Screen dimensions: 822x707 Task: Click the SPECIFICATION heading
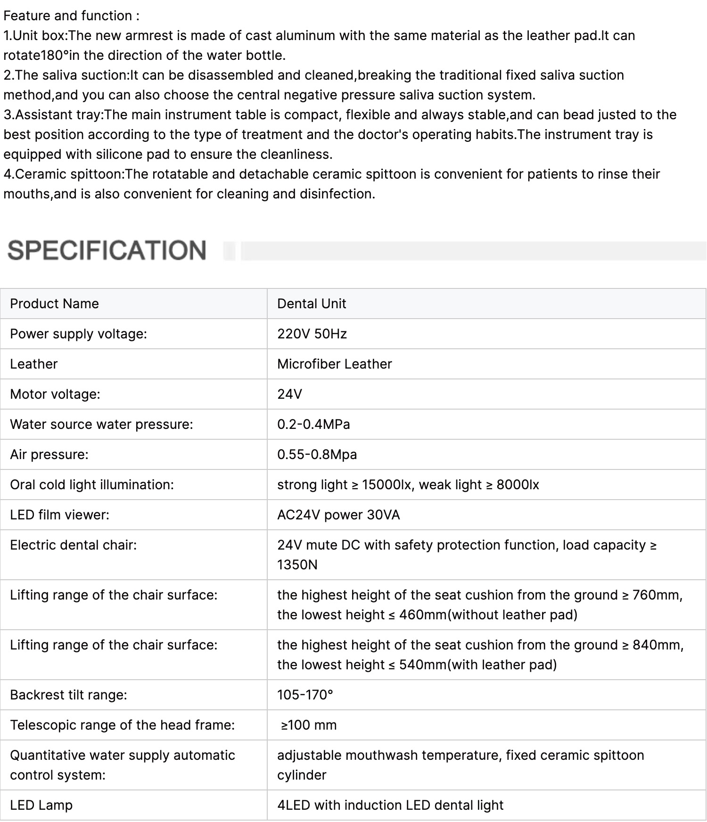pos(107,250)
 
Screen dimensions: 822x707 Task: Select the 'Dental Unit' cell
pos(312,304)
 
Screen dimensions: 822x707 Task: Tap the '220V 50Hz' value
pos(312,334)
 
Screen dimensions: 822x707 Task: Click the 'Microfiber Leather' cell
pos(334,364)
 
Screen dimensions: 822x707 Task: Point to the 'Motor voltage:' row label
pos(55,394)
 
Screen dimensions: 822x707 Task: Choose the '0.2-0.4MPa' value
pos(313,424)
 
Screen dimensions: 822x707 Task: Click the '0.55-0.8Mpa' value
pos(317,454)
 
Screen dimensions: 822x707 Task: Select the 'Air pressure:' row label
pos(49,454)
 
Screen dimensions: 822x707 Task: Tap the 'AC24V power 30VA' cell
pos(338,515)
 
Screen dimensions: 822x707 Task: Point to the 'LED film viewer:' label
pos(59,515)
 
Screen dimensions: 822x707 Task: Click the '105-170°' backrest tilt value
pos(305,695)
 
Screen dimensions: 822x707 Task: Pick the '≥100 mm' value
pos(309,725)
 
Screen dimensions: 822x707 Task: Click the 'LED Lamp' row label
pos(41,805)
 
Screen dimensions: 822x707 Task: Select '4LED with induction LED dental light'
pos(390,805)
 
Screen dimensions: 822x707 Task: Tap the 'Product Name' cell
pos(54,304)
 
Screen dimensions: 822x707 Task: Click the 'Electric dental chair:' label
pos(73,545)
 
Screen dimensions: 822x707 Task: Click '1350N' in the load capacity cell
pos(297,565)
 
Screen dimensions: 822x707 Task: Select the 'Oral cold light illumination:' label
pos(92,485)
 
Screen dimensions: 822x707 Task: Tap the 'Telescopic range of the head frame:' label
pos(122,725)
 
